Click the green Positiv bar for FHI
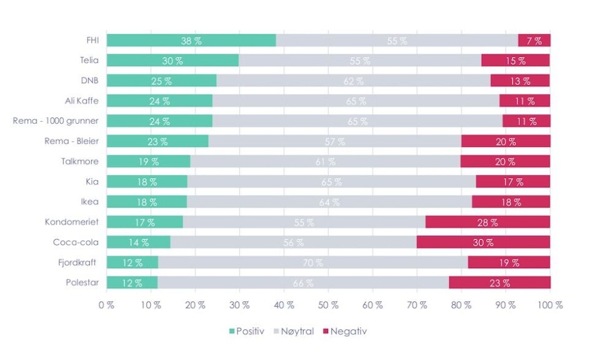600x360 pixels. coord(191,41)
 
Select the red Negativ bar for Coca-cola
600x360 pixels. coord(483,242)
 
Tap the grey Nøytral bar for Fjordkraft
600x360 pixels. coord(312,262)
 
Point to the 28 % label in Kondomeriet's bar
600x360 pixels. coord(487,222)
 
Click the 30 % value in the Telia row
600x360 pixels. coord(172,61)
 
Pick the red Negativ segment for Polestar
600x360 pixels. coord(499,282)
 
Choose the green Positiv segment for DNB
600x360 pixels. coord(161,81)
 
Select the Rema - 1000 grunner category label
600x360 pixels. coord(56,121)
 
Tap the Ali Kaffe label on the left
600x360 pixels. coord(82,101)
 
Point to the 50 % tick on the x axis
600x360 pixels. coord(329,305)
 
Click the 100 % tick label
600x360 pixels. coord(549,305)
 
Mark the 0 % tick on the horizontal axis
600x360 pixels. coord(107,305)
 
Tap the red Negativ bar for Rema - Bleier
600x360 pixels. coord(506,141)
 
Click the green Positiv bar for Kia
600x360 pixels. coord(147,181)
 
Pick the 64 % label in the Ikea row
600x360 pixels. coord(329,202)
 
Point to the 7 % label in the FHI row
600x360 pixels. coord(534,41)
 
